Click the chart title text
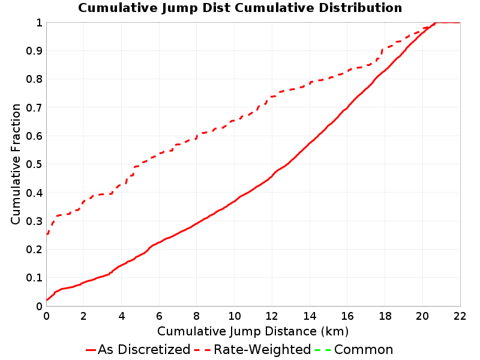[240, 8]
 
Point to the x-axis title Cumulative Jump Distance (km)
[253, 332]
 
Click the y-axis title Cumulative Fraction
[16, 164]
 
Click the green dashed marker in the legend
[323, 350]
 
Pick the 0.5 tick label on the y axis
[34, 164]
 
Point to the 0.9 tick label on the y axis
[34, 51]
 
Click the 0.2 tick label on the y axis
[34, 250]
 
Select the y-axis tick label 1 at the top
[39, 23]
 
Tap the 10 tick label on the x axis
[235, 316]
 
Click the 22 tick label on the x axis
[460, 316]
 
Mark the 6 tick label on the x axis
[159, 316]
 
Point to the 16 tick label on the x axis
[347, 316]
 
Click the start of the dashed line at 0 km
[47, 235]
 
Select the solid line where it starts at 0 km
[47, 300]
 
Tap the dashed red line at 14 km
[310, 82]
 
